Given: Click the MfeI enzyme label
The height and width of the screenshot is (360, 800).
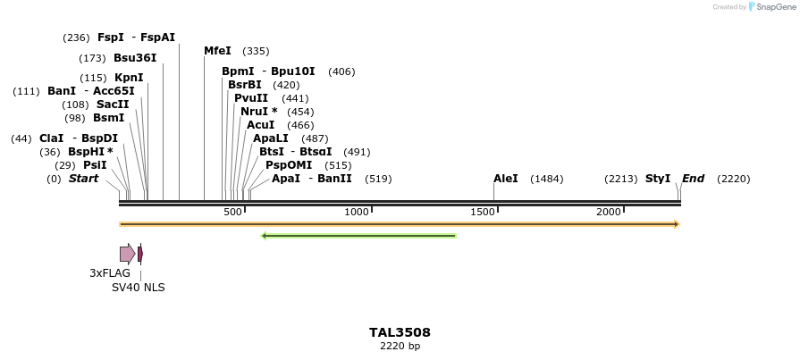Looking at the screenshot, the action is tap(217, 51).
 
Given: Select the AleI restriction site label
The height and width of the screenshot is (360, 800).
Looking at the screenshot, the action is tap(505, 179).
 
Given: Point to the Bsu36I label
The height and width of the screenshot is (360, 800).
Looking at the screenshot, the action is tap(135, 58).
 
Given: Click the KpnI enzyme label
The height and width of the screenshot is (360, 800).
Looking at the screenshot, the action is tap(129, 78).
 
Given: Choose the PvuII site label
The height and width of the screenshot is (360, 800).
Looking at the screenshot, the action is tap(251, 98).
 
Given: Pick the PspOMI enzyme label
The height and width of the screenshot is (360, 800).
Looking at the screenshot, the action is tap(289, 165).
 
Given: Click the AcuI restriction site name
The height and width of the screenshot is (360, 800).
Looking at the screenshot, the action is tap(260, 125).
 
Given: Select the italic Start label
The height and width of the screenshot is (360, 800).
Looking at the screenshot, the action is tap(83, 179).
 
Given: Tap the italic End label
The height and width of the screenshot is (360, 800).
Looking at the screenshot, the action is tap(693, 179).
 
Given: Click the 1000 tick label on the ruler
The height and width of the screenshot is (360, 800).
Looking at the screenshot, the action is tap(357, 212).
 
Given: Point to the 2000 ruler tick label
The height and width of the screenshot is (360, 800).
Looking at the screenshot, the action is tap(609, 212).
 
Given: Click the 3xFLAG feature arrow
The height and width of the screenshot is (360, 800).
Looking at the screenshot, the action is tap(127, 254).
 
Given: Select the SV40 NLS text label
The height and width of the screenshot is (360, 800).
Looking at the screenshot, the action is tap(138, 288).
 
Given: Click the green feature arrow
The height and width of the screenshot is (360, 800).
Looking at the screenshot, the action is tap(358, 236).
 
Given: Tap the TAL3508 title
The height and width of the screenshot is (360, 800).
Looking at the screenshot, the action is tap(400, 332).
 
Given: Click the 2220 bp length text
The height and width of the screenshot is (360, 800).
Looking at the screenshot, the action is tap(400, 346).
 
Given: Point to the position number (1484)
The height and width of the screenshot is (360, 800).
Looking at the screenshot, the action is tap(546, 179).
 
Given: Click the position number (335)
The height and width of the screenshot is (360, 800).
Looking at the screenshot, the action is tap(256, 51).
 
